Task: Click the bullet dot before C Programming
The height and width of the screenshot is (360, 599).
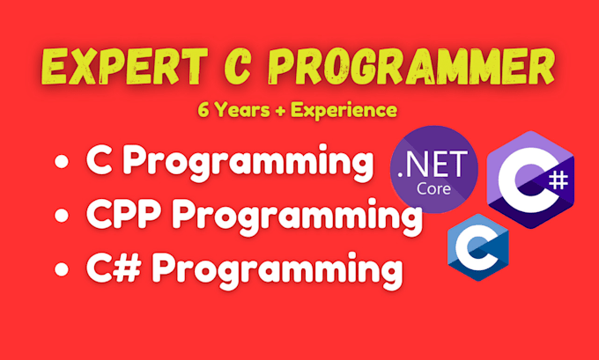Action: tap(61, 164)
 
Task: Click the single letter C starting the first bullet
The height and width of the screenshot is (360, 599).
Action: tap(98, 163)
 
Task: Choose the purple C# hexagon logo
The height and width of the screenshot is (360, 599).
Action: tap(530, 180)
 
